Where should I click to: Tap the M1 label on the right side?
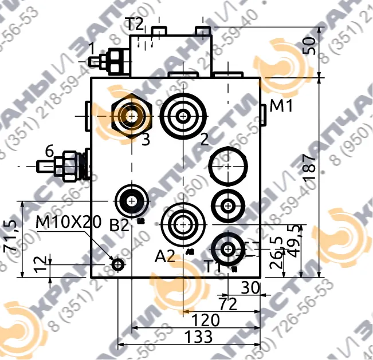281,105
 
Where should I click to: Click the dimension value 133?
199,337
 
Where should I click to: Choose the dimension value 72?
228,304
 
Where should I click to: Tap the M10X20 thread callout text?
68,221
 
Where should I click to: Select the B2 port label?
120,226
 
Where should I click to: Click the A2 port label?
164,257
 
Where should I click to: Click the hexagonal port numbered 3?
132,116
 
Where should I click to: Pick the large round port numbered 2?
183,116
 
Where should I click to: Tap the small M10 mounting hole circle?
118,264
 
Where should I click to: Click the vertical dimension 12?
38,264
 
